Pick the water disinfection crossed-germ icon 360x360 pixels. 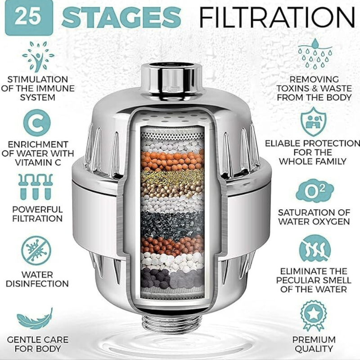click(x=37, y=250)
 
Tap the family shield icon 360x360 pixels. click(x=315, y=121)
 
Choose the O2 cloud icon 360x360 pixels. click(x=315, y=191)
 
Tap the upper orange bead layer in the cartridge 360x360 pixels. click(x=172, y=159)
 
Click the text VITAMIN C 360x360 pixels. click(x=37, y=162)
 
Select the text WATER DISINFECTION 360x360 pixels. click(x=37, y=279)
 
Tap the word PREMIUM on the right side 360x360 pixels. click(x=314, y=339)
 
